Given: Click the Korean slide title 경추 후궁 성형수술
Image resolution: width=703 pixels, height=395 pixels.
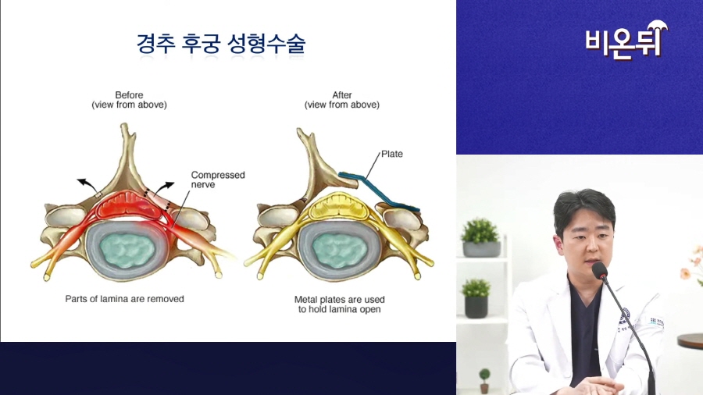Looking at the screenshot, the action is coord(221,44).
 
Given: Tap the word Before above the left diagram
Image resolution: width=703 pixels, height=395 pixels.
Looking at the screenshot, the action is coord(129,95).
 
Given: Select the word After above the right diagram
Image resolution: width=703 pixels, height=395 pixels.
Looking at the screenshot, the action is coord(342,95).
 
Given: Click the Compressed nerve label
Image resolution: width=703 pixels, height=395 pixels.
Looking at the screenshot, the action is coord(218,180).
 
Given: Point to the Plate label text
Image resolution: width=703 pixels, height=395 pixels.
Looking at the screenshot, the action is coord(392,154).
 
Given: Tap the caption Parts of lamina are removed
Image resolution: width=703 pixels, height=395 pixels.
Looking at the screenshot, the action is coord(125,299).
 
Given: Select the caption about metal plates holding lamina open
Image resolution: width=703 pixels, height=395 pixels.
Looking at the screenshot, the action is coord(340,304).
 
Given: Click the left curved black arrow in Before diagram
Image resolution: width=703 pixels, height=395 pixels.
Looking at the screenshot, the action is coord(87,184).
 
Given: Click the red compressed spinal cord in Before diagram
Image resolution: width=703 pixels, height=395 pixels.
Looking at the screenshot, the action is coord(129,205).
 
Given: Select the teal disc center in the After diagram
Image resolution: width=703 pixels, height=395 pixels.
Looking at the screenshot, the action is coord(340,251).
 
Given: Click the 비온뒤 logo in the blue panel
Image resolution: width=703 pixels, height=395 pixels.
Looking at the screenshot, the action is coord(626,41).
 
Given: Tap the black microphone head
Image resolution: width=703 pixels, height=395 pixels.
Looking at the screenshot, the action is coord(599,271).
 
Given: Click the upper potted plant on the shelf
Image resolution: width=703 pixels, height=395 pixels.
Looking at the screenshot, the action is coord(481,237).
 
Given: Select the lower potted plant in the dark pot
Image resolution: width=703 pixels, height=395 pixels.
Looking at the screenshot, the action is coord(476,299).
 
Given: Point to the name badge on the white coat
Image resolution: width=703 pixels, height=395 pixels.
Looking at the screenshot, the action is coord(656,322).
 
